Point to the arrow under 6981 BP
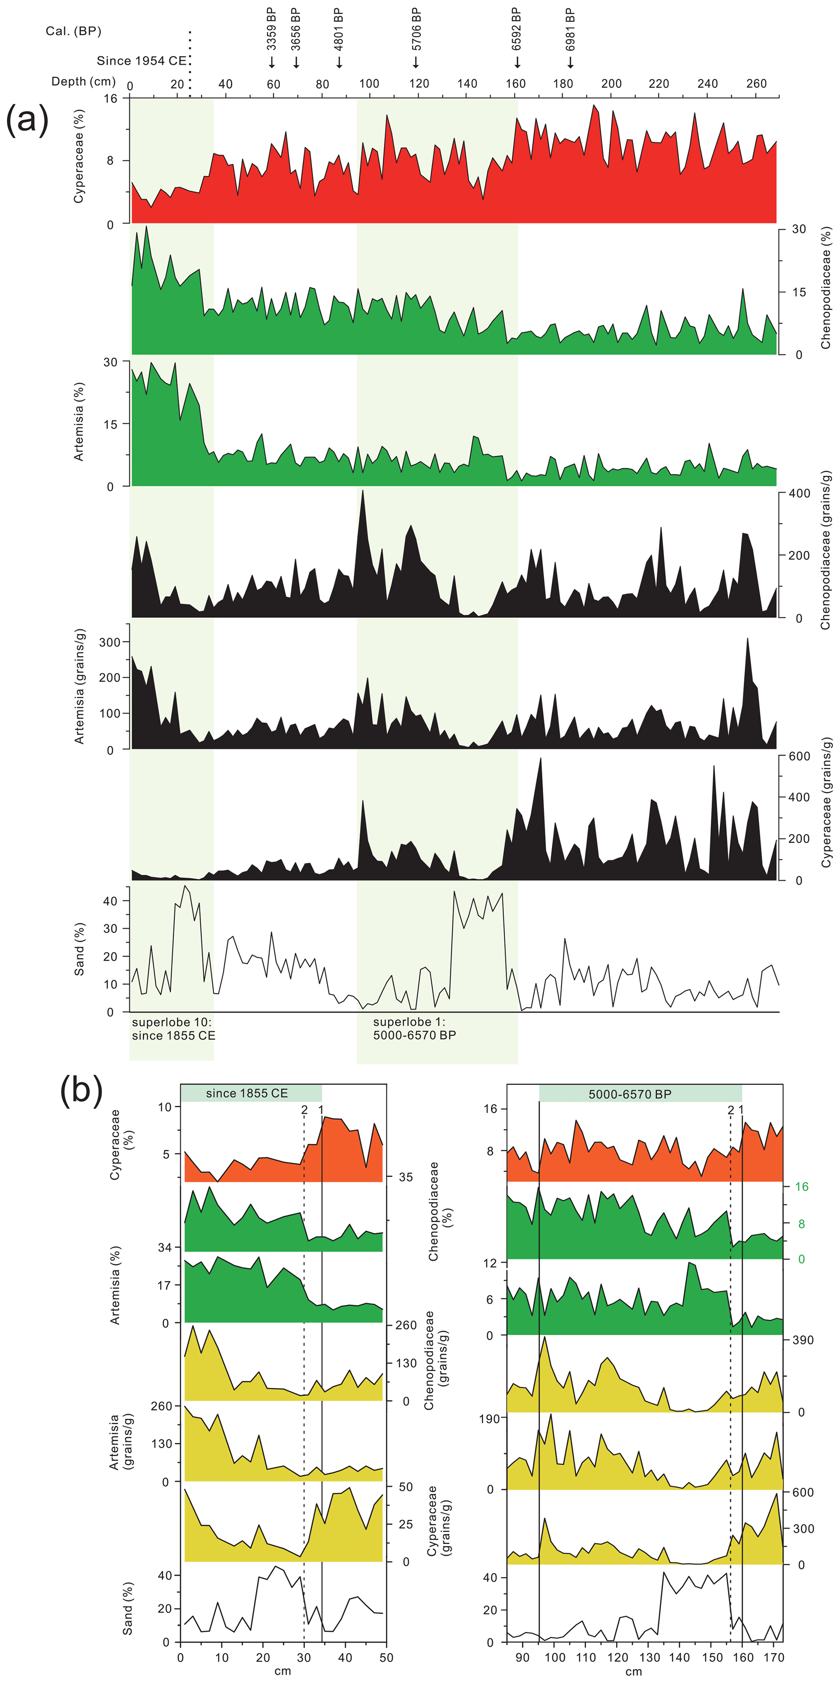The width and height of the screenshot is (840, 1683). [x=570, y=62]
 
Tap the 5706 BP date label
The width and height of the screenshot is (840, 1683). [x=416, y=29]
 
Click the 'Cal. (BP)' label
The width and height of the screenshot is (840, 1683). [x=73, y=31]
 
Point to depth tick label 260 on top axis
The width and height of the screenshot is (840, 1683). [x=756, y=84]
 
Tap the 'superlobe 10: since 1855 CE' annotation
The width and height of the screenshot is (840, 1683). [x=173, y=1028]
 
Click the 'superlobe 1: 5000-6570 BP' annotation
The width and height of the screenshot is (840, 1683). [x=414, y=1028]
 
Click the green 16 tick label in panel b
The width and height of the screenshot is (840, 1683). [x=801, y=1186]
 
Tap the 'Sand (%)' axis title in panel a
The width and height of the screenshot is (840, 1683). [x=80, y=949]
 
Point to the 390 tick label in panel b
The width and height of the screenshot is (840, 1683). [x=803, y=1340]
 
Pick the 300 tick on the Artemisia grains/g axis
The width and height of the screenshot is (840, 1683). [x=110, y=642]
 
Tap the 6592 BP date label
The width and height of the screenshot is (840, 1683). [x=516, y=29]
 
